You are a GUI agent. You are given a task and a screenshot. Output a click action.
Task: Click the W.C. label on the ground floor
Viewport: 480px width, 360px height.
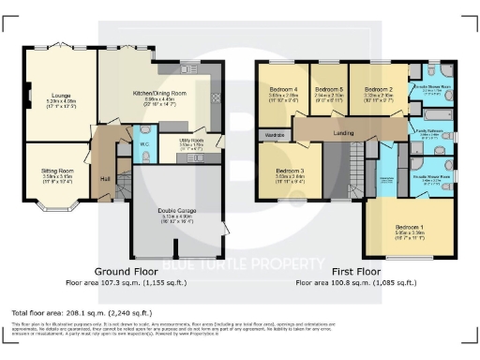(x=144, y=145)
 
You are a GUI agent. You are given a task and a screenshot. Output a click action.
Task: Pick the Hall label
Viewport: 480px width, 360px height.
(x=105, y=178)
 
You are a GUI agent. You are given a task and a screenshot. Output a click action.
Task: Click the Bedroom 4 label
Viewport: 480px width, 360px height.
(x=283, y=89)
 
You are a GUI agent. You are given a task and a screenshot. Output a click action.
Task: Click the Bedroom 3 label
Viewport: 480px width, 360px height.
(x=291, y=169)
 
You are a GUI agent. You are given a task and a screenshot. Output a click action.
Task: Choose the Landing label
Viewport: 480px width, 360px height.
(x=344, y=133)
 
